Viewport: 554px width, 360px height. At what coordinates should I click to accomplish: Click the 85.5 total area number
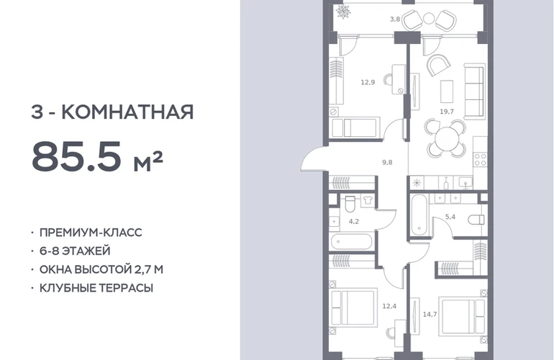76,156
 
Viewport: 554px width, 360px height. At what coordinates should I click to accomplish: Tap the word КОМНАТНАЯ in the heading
127,112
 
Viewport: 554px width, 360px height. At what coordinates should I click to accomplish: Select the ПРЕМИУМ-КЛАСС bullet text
91,233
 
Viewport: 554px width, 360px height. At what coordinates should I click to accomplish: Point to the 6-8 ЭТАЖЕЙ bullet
75,251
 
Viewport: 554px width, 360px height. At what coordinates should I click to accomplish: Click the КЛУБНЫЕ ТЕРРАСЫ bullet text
96,288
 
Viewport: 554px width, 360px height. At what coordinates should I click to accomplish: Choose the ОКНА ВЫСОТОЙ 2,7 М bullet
101,269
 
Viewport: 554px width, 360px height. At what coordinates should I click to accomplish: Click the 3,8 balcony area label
395,19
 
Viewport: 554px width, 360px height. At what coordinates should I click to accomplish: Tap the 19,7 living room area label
447,112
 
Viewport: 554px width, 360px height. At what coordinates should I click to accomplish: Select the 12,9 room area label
368,82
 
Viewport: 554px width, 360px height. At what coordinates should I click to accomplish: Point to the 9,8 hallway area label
387,162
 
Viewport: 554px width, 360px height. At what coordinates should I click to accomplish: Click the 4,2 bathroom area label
354,221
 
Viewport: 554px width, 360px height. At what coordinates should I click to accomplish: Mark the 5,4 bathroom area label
450,217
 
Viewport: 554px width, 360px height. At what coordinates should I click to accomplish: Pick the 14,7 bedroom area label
430,314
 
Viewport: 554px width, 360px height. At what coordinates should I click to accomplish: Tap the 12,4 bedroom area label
389,306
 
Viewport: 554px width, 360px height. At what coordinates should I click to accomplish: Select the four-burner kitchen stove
481,160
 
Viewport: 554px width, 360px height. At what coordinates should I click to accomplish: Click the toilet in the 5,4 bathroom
476,220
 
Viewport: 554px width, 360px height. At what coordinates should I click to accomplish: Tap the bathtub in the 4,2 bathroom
352,242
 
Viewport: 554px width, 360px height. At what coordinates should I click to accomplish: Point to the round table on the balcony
428,18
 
